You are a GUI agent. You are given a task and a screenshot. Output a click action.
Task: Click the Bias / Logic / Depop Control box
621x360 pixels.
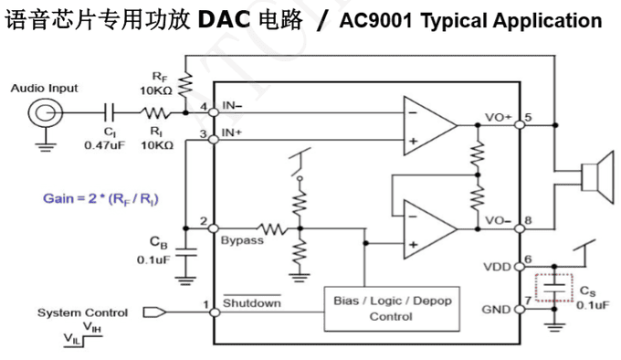(390, 308)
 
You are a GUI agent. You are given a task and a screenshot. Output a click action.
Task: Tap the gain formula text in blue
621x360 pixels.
(107, 197)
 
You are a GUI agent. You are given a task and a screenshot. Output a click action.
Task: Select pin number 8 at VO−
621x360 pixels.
(529, 220)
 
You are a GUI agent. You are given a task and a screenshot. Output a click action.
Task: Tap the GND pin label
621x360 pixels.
(498, 309)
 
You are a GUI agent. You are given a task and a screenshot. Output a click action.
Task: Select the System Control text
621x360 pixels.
(82, 312)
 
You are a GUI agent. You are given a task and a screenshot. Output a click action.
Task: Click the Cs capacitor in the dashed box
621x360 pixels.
(553, 288)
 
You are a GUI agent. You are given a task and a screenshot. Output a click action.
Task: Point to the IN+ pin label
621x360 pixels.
(233, 133)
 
